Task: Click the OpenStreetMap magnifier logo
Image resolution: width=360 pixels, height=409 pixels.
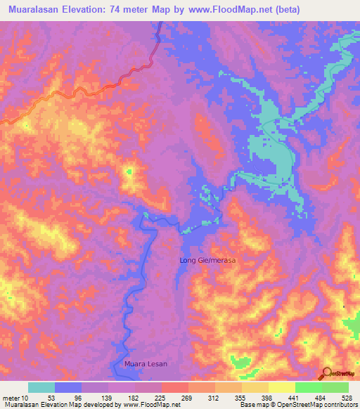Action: (326, 373)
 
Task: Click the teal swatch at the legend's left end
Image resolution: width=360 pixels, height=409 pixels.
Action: (41, 387)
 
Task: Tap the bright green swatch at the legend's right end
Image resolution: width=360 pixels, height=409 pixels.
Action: (335, 387)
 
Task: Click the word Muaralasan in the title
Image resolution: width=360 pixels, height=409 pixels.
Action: (35, 10)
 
